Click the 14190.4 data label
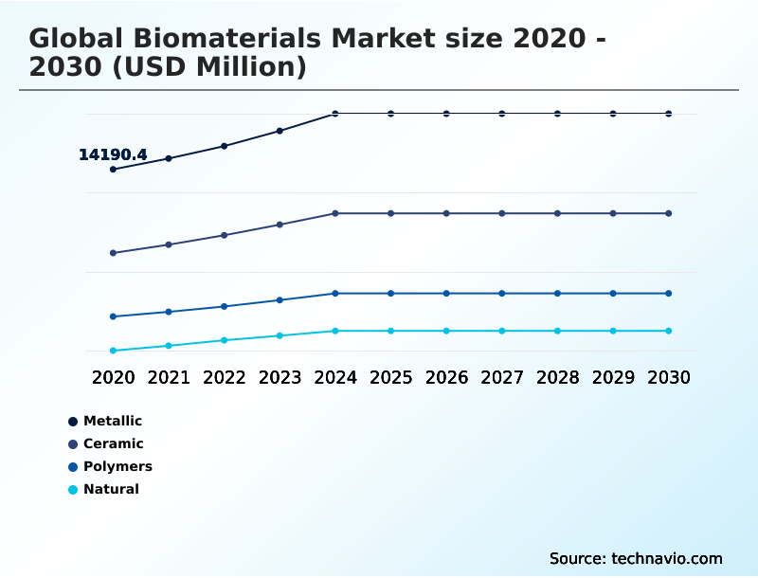(113, 154)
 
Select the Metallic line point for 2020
(113, 170)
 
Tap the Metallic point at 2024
(335, 114)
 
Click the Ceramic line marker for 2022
(225, 235)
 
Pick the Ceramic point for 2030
(669, 213)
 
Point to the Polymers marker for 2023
(280, 300)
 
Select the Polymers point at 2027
(502, 294)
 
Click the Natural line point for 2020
(113, 351)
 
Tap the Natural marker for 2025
(390, 331)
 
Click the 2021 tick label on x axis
(169, 378)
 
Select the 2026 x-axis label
(446, 378)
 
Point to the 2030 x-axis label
(669, 378)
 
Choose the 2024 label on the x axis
(335, 378)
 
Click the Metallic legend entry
(112, 421)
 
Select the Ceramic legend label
(113, 443)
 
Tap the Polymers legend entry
(117, 466)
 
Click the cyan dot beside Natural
(73, 490)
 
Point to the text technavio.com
(667, 558)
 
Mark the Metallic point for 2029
(613, 114)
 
